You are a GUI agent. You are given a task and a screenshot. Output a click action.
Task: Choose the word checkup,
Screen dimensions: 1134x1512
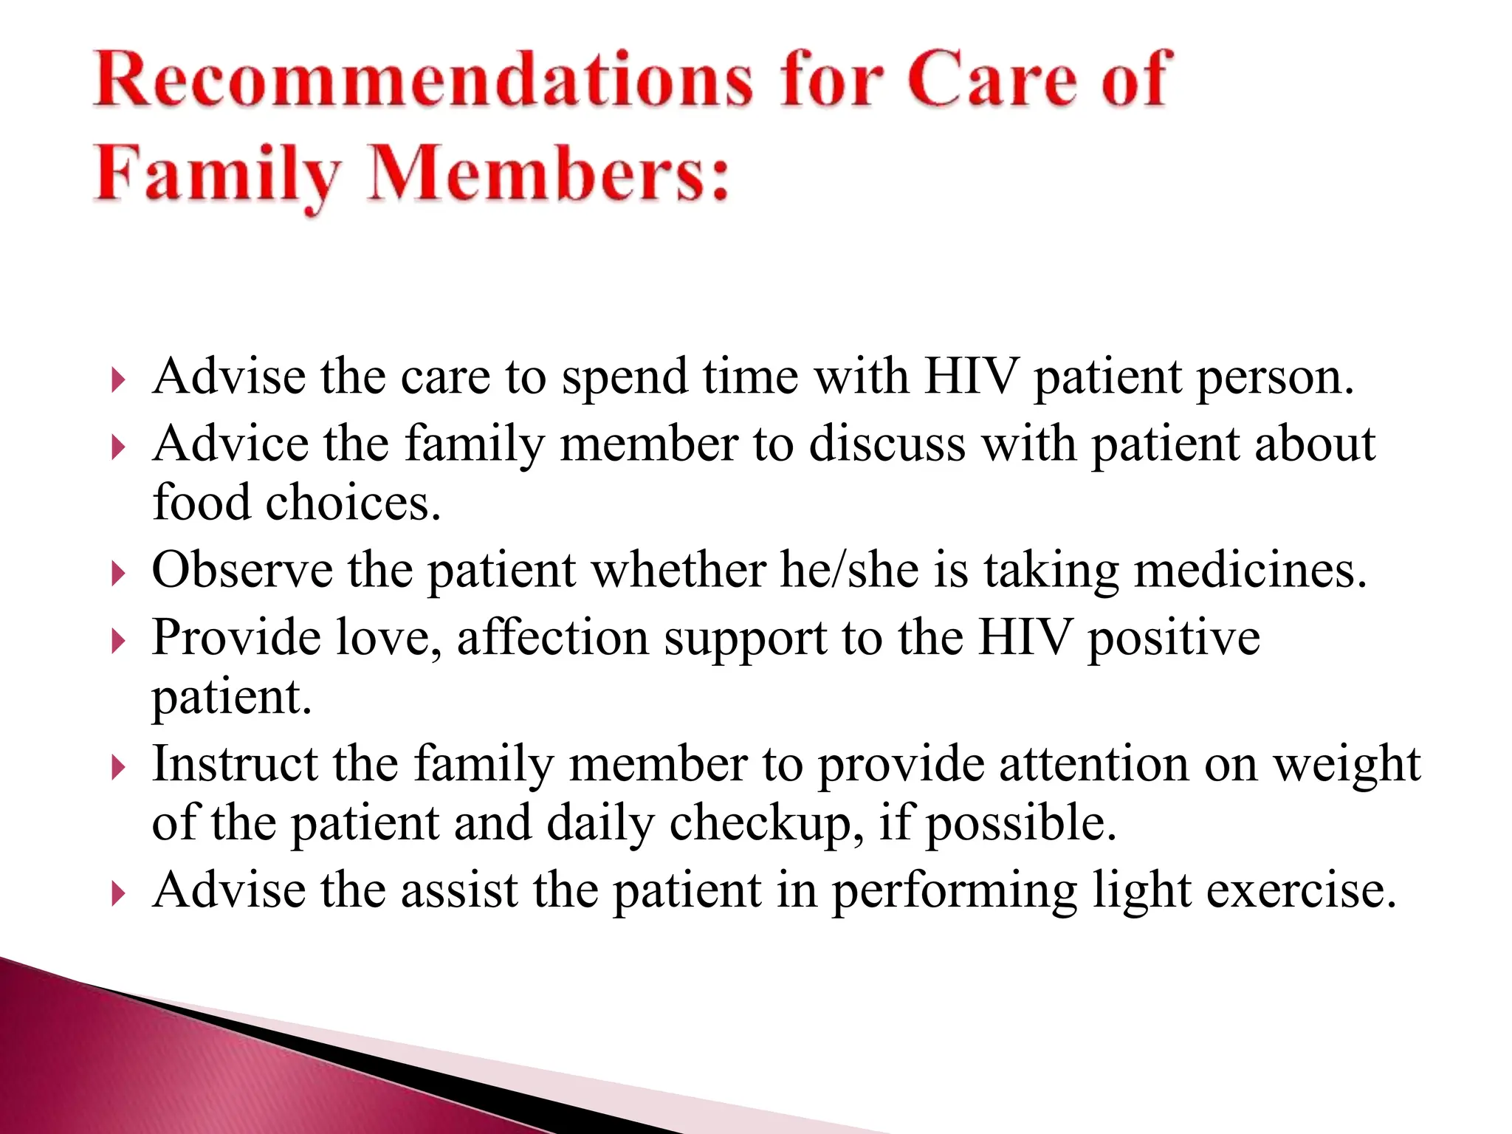tap(768, 825)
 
